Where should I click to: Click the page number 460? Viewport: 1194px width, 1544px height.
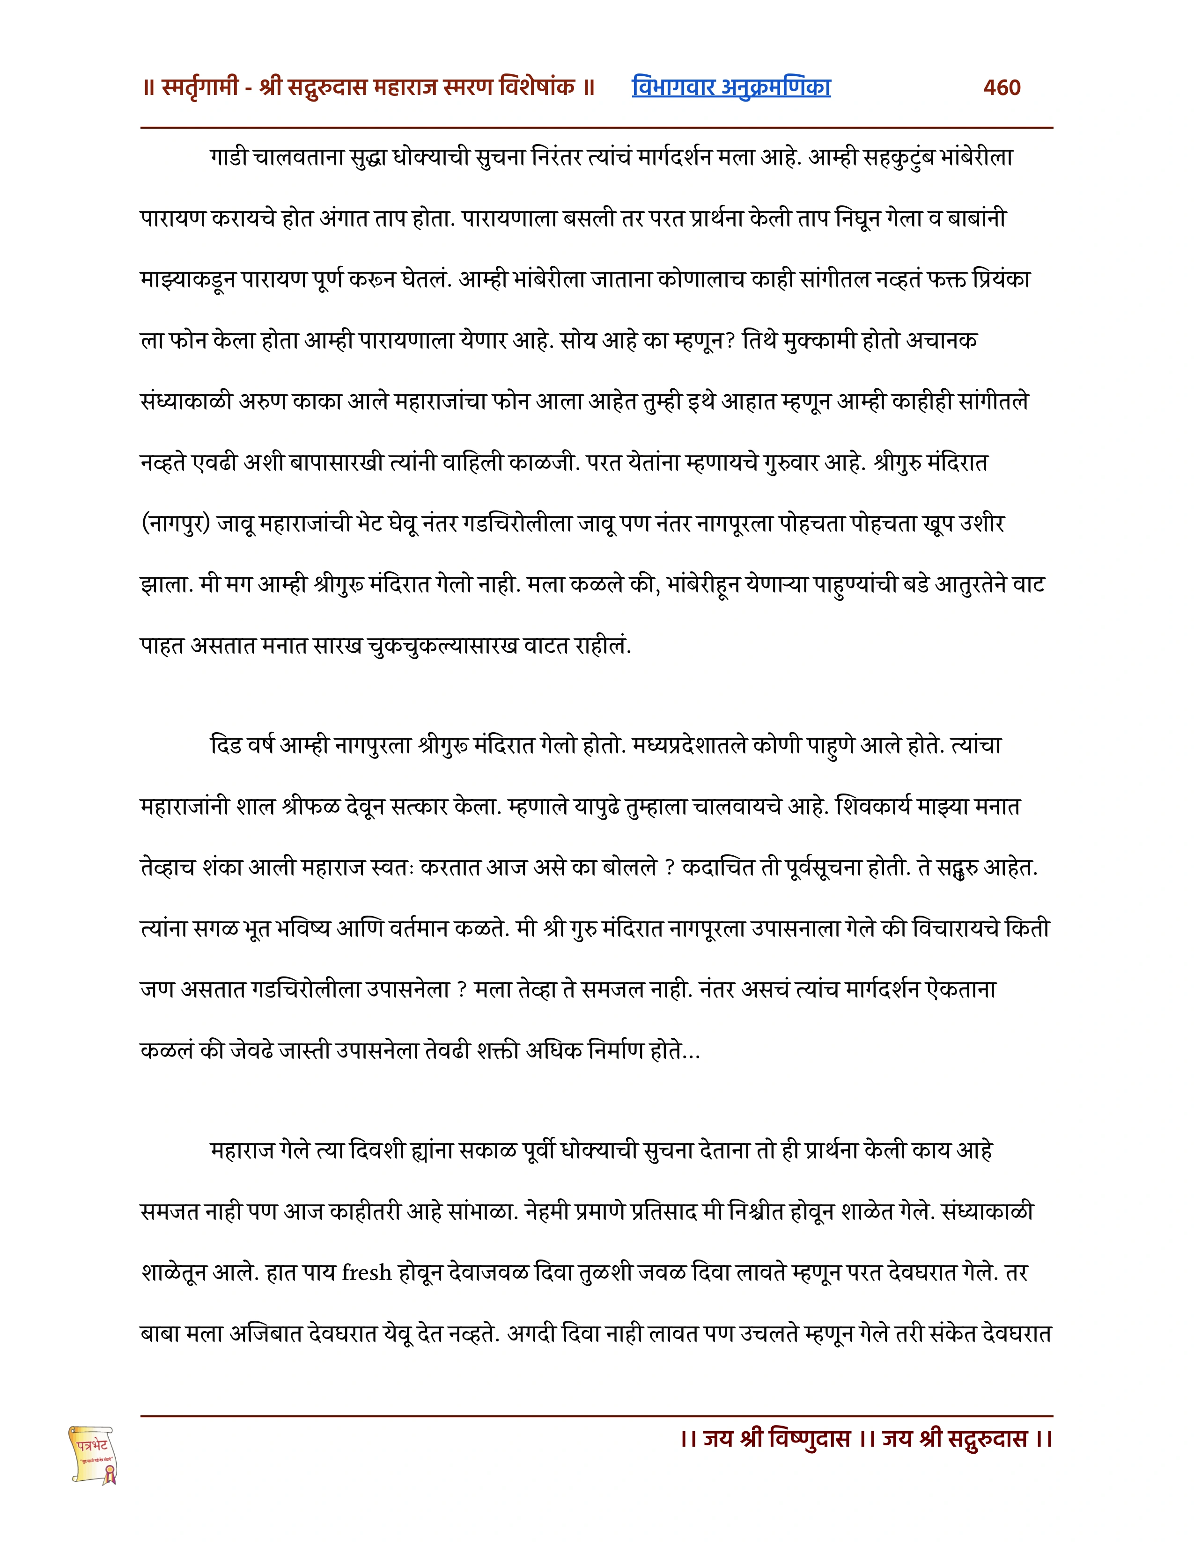click(x=1002, y=87)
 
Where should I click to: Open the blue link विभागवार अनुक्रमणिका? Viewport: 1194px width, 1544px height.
click(x=731, y=87)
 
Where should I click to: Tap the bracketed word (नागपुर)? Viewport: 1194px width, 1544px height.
click(x=176, y=524)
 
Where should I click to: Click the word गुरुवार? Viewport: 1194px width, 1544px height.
click(x=792, y=464)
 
